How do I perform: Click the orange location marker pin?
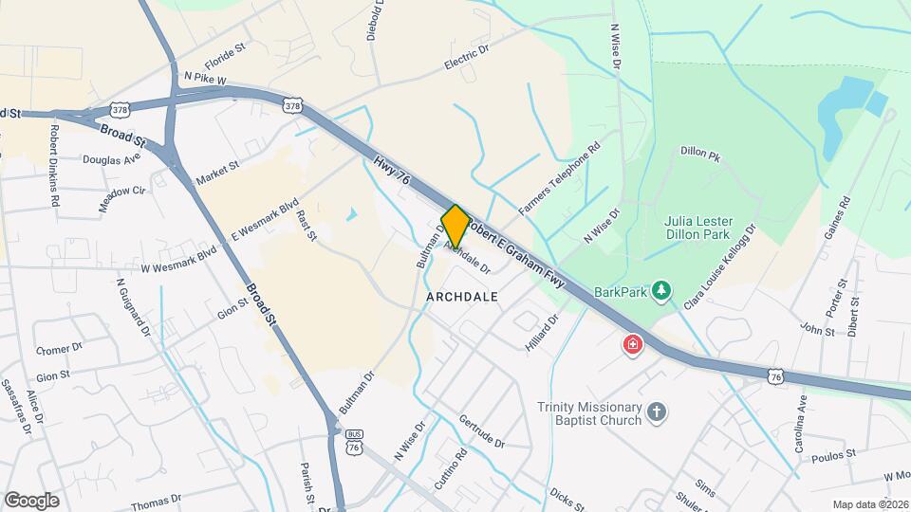click(455, 226)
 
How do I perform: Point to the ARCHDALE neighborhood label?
click(462, 297)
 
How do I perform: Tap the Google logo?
click(31, 501)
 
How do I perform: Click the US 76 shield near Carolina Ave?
click(776, 376)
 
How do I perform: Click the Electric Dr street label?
click(466, 58)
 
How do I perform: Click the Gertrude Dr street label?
click(480, 431)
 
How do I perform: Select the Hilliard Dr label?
click(543, 333)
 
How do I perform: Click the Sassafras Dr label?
click(17, 407)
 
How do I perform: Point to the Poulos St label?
click(832, 455)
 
